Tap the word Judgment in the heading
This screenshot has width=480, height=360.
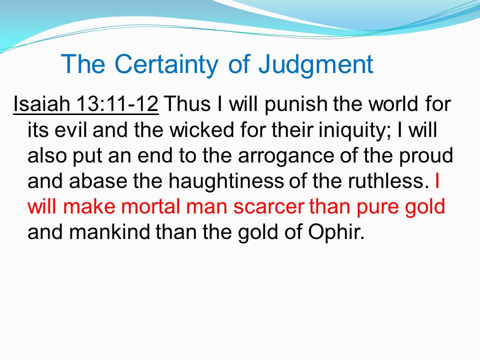click(x=316, y=65)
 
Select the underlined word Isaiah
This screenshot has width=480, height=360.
click(x=41, y=104)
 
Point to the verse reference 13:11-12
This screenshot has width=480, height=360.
click(x=117, y=104)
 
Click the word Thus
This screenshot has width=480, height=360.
click(x=187, y=104)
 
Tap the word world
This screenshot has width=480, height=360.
click(x=393, y=104)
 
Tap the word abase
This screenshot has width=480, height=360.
click(x=98, y=181)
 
